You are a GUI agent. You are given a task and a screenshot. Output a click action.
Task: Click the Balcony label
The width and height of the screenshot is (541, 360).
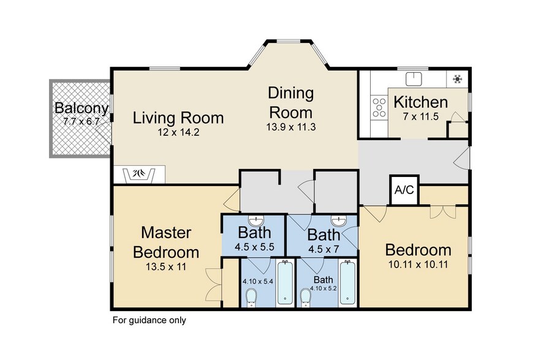coord(81,108)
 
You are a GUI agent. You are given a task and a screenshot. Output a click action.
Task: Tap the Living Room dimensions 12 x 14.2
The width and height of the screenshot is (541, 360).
coord(178,132)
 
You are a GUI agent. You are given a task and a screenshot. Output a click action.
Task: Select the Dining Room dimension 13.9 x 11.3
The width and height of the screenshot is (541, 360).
coord(291,127)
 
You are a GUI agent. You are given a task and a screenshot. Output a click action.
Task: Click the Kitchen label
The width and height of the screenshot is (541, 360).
coord(420,102)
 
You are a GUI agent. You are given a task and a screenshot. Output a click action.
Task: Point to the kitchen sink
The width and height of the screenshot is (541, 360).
coord(414,78)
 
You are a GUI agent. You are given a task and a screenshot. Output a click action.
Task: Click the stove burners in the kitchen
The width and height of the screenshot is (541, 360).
coord(379,108)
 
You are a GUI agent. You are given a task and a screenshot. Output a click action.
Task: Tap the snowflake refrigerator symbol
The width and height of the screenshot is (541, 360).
coord(458,79)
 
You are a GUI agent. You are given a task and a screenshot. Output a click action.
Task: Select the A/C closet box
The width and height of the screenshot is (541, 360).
coord(404,190)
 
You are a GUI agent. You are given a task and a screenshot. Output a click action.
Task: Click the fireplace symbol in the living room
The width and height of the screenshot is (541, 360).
coord(140,174)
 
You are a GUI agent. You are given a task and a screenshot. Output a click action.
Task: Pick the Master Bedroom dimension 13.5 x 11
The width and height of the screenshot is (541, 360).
coord(166,266)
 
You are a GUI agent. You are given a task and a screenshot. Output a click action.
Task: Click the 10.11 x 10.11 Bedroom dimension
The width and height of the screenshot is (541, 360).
coord(418,265)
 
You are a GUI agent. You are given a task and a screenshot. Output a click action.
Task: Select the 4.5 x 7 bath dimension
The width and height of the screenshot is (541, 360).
coord(323,249)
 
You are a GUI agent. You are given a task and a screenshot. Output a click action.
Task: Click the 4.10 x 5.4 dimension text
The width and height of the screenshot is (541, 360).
coord(258,282)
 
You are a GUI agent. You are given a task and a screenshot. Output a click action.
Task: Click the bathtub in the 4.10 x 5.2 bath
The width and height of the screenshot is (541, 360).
coord(347,283)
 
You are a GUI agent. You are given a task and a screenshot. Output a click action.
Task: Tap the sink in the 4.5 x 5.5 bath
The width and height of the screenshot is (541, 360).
coord(256,220)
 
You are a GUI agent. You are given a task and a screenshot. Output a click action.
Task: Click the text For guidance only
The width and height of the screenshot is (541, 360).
coord(149,320)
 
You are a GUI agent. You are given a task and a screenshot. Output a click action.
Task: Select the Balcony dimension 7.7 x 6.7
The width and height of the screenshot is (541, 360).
coord(81,121)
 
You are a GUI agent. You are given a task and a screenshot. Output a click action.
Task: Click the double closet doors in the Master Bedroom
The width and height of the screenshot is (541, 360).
coord(213,285)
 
